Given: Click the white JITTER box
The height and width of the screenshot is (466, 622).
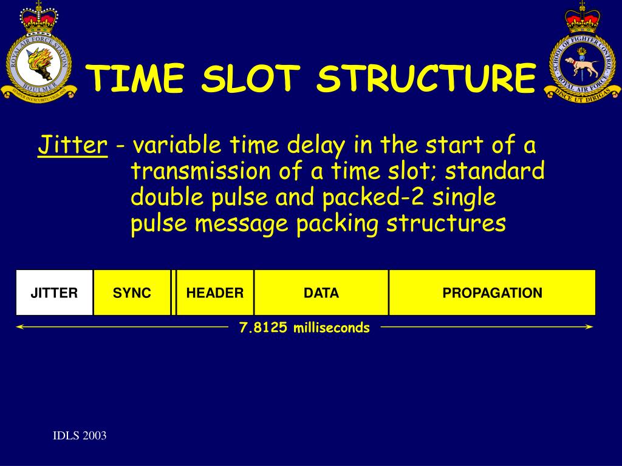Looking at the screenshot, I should click(x=55, y=293).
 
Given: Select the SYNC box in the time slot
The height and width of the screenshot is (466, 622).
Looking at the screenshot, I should click(x=132, y=293).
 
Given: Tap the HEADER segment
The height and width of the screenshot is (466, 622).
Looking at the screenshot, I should click(x=215, y=293).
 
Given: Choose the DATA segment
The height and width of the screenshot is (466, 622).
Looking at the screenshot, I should click(x=321, y=293).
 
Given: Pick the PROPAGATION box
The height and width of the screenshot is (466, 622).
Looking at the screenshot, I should click(x=492, y=293).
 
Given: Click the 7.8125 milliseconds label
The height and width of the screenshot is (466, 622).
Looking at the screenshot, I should click(x=304, y=328).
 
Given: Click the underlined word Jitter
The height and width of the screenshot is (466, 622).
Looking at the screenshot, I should click(x=72, y=146).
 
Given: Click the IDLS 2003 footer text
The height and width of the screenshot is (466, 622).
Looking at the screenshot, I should click(x=79, y=436).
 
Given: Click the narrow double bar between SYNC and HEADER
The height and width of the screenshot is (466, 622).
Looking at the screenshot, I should click(x=174, y=293).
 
